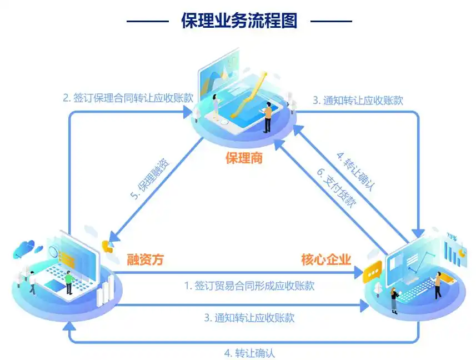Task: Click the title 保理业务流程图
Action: click(x=239, y=21)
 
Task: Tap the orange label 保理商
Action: click(x=244, y=158)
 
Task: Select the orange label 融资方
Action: click(x=146, y=259)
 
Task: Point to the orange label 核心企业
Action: click(x=326, y=259)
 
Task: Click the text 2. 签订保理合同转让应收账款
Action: click(x=128, y=98)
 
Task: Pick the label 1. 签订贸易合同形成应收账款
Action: click(x=249, y=286)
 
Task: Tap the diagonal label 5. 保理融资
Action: click(x=151, y=179)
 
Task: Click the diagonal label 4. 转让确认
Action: click(x=356, y=172)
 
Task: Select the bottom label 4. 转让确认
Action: click(x=249, y=353)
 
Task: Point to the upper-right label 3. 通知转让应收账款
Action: click(x=358, y=101)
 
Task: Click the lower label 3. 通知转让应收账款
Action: click(x=249, y=318)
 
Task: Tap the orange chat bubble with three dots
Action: click(x=373, y=272)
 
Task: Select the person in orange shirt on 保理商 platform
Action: click(x=268, y=117)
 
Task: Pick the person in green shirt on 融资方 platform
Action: click(x=69, y=282)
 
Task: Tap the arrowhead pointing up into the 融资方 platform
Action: click(x=70, y=326)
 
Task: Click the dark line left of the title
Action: click(x=148, y=21)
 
